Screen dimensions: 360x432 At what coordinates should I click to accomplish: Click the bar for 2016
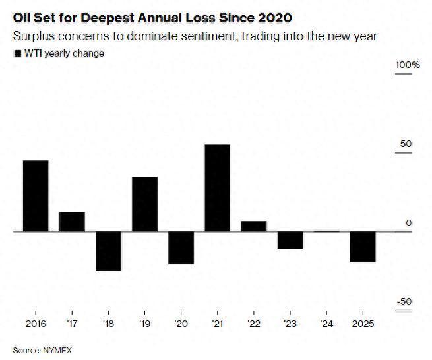click(36, 196)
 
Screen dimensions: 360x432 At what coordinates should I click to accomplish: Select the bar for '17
click(72, 222)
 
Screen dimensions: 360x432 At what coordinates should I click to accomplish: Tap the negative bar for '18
click(108, 251)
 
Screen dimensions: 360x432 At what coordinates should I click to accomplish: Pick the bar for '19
click(144, 204)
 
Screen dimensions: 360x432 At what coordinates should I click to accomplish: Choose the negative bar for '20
click(181, 248)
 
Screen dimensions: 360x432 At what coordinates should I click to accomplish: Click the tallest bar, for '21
click(217, 188)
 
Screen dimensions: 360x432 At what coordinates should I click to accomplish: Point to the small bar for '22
click(253, 226)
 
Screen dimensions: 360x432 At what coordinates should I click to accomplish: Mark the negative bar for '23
click(290, 240)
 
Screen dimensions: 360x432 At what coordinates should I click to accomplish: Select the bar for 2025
click(362, 247)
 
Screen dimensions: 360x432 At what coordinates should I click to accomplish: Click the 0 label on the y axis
click(408, 223)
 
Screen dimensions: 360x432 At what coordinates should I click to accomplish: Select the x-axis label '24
click(326, 324)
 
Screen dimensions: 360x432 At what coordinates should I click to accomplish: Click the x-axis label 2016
click(36, 324)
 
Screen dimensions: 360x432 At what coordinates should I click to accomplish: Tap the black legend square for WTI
click(17, 54)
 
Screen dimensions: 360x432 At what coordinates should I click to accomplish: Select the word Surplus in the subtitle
click(35, 36)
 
